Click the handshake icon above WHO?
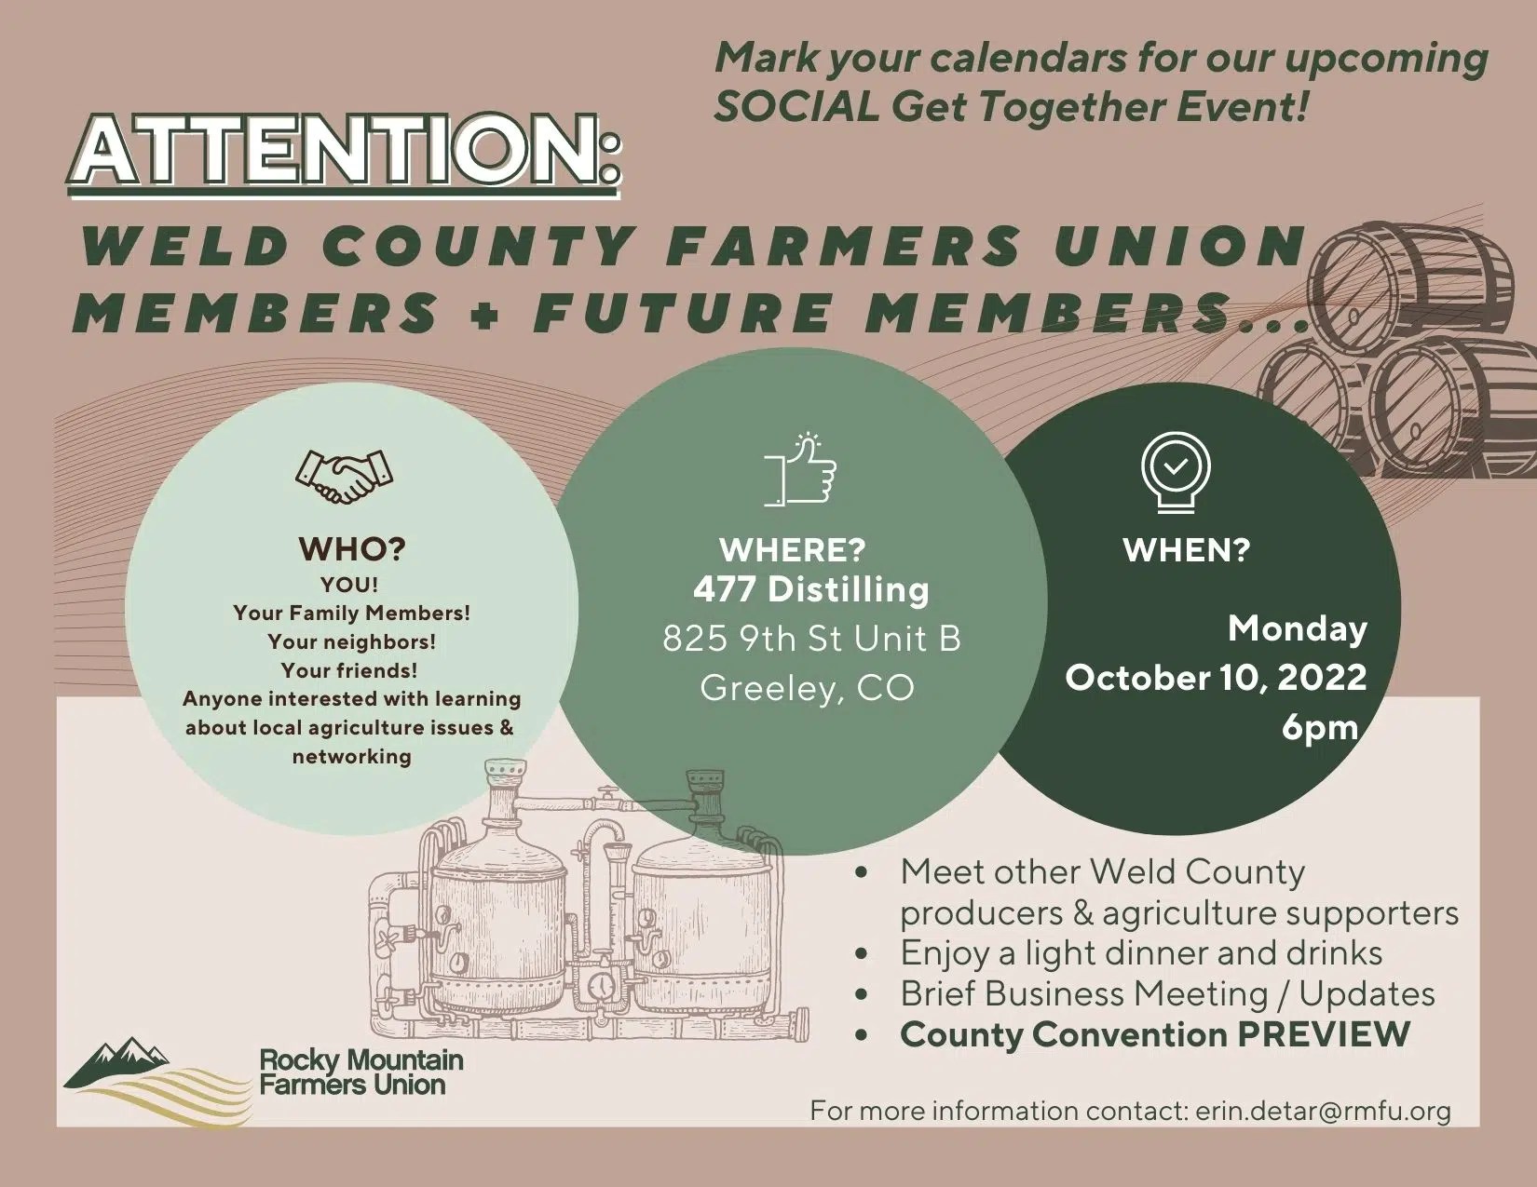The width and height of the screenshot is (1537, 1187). point(344,476)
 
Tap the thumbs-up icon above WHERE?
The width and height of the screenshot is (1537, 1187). point(800,470)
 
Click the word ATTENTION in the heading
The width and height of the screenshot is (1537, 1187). point(344,149)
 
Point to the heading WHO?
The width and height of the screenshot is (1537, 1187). point(352,548)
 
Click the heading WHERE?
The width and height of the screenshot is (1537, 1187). point(793,549)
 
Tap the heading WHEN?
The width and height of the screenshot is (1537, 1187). point(1186,549)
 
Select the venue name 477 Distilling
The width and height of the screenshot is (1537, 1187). point(810,589)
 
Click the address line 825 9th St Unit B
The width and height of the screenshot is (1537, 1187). point(811,639)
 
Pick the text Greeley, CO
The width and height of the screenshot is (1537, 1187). point(807,688)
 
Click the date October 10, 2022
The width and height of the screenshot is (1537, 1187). point(1216,677)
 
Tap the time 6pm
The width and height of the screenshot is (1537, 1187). point(1319,727)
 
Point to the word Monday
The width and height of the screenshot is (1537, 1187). point(1297,628)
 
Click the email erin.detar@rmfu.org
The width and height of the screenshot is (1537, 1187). point(1323,1110)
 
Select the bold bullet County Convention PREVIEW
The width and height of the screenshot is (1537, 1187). point(1154,1034)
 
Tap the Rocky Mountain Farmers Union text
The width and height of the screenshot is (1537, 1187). point(361,1072)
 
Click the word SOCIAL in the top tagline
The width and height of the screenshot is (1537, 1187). point(796,107)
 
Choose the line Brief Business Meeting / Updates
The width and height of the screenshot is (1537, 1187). point(1166,993)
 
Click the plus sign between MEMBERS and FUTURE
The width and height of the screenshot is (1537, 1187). point(485,314)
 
